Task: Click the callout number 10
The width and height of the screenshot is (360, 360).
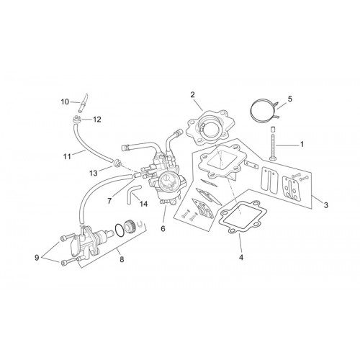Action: [x=65, y=102]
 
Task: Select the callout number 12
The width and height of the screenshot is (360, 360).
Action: [x=97, y=120]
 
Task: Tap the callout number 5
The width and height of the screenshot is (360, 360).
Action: [x=290, y=99]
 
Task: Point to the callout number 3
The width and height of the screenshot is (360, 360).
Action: [x=325, y=205]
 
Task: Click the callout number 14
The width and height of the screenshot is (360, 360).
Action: [x=143, y=204]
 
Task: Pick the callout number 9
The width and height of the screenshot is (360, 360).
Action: [x=37, y=258]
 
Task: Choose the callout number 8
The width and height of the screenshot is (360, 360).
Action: [x=122, y=259]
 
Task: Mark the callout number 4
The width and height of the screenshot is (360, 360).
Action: [x=241, y=257]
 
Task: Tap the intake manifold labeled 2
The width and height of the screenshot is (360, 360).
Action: [x=207, y=127]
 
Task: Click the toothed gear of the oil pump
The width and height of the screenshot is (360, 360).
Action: [x=130, y=225]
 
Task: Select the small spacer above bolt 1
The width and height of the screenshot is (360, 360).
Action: [x=273, y=129]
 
